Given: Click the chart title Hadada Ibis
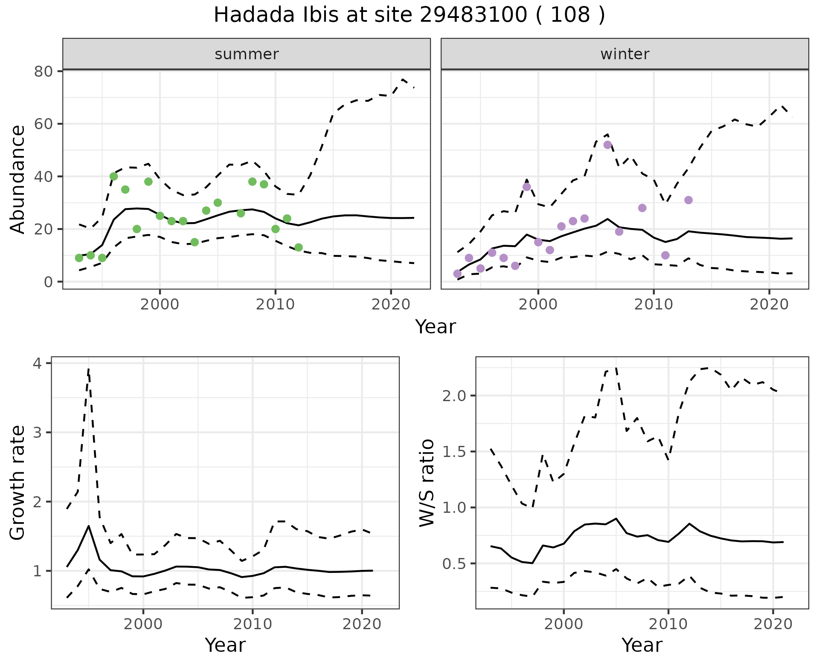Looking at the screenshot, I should point(409,15).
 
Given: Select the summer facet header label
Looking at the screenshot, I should point(247,54).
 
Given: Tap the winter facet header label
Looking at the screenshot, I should point(624,54).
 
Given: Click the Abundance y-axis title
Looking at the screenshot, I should point(18,179).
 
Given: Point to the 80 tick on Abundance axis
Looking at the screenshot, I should point(43,71).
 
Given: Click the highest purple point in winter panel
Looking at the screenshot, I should point(607,145).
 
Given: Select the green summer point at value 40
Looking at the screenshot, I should point(113,176).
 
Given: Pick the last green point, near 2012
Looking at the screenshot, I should point(299,248).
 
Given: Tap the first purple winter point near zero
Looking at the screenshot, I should point(457,274).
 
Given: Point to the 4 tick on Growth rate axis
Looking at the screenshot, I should point(38,363).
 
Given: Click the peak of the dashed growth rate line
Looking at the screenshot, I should point(88,369).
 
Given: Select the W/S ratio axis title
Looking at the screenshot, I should point(427,483).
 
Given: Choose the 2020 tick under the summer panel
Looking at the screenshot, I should point(391,304).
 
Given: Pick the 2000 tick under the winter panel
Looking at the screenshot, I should point(538,304).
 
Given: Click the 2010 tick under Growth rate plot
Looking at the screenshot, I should point(253,624).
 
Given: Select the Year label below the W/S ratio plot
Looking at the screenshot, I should point(642,645).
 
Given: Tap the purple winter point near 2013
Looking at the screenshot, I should point(688,200).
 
